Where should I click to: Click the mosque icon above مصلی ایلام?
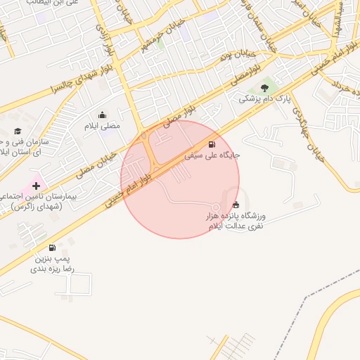tap(103, 115)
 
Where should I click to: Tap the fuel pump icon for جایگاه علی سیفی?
tap(212, 143)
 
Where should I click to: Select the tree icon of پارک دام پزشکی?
tap(264, 88)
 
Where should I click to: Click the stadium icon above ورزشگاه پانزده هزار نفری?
tap(235, 205)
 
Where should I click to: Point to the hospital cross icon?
tap(36, 186)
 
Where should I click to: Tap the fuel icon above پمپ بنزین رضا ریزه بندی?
tap(53, 247)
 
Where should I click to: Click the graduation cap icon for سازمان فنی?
tap(18, 131)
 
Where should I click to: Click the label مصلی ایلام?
tap(103, 126)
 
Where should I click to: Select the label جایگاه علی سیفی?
tap(213, 154)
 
